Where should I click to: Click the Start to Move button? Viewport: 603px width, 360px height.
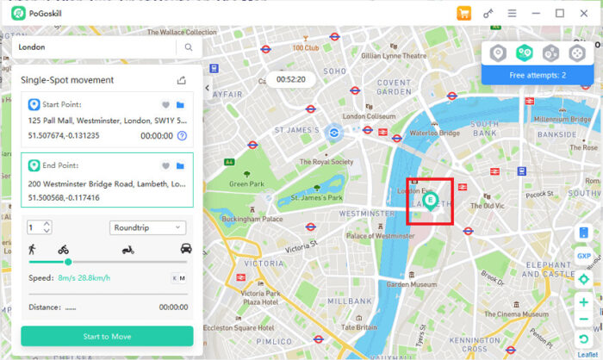[x=107, y=335]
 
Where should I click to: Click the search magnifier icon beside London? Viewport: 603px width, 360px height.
[x=189, y=47]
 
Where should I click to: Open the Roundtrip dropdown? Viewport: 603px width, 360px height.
[x=147, y=227]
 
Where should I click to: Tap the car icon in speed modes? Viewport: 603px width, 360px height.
[x=185, y=249]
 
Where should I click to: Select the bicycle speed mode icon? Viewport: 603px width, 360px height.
[x=63, y=249]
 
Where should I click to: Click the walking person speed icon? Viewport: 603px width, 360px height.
[x=31, y=249]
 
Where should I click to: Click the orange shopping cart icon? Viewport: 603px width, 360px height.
[x=464, y=13]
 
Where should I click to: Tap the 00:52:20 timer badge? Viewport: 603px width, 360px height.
[x=291, y=79]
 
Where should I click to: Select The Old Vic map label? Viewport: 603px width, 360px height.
[x=487, y=206]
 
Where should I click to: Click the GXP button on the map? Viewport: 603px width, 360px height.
[x=584, y=256]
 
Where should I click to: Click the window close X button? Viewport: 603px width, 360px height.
[x=583, y=13]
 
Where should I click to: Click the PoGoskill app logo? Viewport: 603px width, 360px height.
[x=16, y=13]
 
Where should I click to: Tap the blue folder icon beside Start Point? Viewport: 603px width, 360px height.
[x=181, y=105]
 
